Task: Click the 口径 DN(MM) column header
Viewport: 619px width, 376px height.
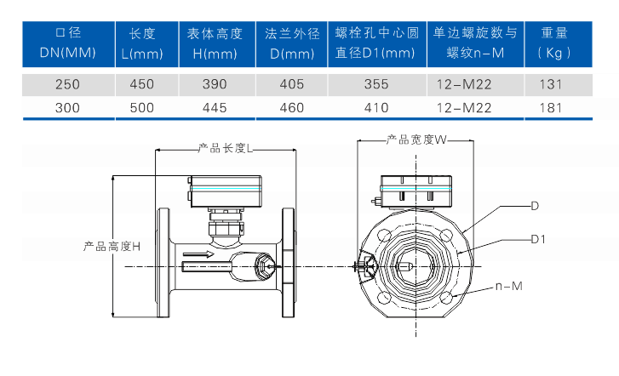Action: (67, 43)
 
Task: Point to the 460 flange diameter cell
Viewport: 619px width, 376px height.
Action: (291, 107)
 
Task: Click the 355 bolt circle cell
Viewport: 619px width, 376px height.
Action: (375, 84)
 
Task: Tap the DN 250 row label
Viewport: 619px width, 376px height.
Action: (67, 84)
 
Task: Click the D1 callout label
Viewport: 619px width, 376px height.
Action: (537, 239)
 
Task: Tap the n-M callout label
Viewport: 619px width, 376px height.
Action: (508, 286)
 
